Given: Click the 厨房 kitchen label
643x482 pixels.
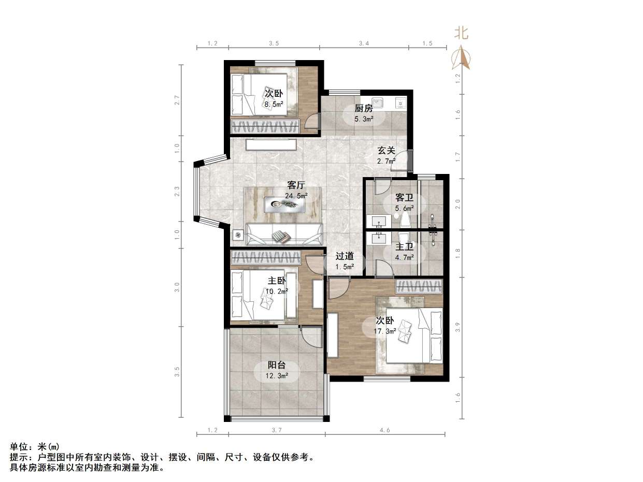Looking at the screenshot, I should pos(363,109).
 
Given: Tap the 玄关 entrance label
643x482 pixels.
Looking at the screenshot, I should pos(386,151).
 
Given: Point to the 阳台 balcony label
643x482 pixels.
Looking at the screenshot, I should pos(276,365).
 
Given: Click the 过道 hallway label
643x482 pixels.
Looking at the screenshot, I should pos(345,256).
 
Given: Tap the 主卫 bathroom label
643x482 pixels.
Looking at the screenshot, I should pos(405,247).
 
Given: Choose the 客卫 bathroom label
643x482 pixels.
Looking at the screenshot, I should pos(404,198).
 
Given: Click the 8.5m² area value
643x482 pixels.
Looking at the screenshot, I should pos(274,104).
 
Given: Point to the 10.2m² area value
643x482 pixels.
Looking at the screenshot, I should pos(276,291).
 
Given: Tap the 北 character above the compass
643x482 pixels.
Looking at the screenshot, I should pos(461,34).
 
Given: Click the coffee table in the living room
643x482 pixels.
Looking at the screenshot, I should pos(283,205).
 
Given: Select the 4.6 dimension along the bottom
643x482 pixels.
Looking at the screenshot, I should pos(384,430).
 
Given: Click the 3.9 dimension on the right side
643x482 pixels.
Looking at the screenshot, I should pos(457,327).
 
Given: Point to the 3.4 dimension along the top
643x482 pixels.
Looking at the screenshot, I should pos(364,43).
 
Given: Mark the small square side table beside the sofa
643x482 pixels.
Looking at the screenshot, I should pos(238,235).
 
